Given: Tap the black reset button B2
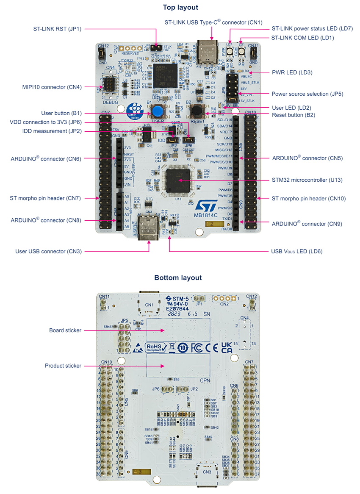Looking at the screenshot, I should point(196,111).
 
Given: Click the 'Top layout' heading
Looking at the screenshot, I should point(180,7).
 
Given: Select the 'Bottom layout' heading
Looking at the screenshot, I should point(178,278).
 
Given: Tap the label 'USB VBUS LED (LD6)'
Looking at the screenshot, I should point(297,251).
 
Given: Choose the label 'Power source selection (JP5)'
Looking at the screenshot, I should point(307,94).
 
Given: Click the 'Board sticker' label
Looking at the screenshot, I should point(65,330).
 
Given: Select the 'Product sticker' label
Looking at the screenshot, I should point(63,366).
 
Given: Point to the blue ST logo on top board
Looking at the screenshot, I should point(207,205).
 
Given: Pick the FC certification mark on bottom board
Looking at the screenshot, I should point(196,348).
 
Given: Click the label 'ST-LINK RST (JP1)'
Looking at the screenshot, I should point(57,29).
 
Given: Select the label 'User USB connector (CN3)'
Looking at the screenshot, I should point(48,251).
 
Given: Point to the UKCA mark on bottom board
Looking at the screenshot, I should point(226,348).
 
